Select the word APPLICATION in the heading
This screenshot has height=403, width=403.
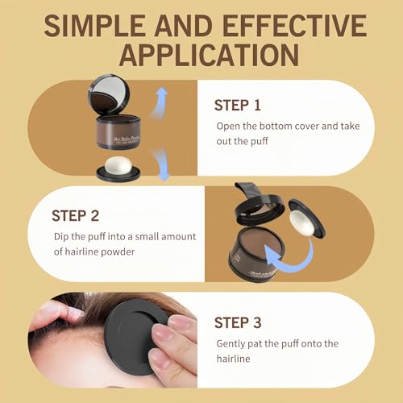pyautogui.click(x=201, y=56)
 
